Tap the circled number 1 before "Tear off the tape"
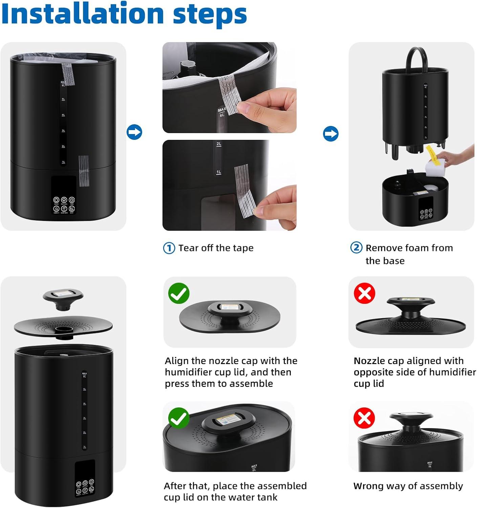[169, 248]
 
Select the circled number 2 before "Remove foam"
[356, 248]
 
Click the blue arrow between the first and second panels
[134, 132]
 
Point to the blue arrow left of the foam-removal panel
[331, 133]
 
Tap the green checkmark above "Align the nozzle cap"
[179, 293]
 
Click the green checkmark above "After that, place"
[179, 418]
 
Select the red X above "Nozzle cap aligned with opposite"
[365, 293]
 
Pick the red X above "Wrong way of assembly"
[364, 418]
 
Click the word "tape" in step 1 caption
[243, 248]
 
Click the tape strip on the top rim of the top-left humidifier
[67, 74]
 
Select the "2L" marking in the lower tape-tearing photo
[219, 144]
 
